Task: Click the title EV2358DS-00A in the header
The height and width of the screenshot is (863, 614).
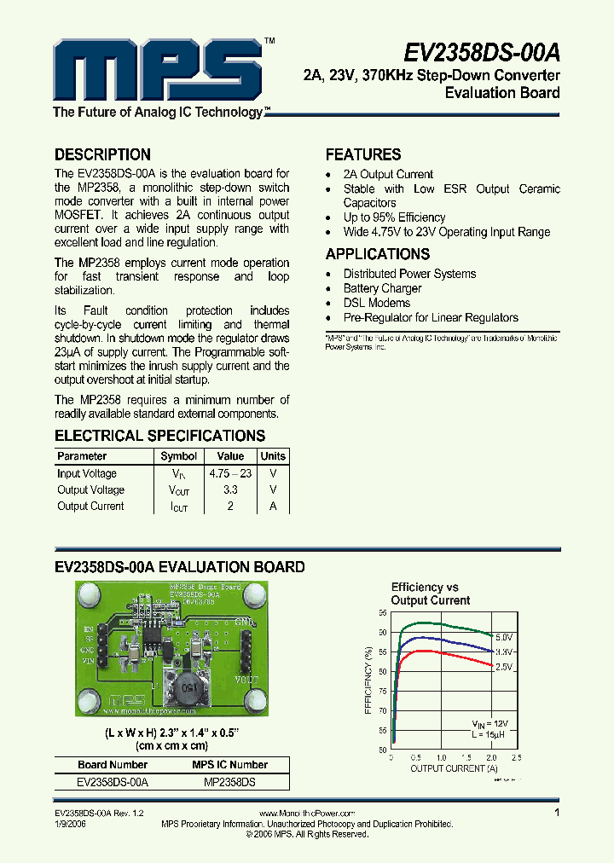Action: [x=481, y=52]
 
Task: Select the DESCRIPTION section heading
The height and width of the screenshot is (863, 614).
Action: [x=102, y=155]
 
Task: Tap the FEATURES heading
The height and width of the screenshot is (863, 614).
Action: [x=363, y=155]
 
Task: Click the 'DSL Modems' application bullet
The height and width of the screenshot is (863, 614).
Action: [x=377, y=303]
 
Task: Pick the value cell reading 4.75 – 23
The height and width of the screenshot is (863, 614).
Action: [x=230, y=473]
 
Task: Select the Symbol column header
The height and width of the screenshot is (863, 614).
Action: [x=179, y=456]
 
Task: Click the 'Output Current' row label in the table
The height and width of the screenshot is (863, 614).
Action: [x=90, y=506]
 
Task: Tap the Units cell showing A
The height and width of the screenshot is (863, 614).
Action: [x=273, y=506]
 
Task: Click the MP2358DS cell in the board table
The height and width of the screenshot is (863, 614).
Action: [x=230, y=781]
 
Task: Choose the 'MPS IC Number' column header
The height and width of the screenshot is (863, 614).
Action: [x=230, y=765]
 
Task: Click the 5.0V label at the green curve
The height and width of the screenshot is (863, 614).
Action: [x=504, y=638]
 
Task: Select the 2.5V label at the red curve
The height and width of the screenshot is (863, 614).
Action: [x=504, y=667]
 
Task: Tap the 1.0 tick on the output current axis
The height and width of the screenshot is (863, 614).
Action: [x=441, y=757]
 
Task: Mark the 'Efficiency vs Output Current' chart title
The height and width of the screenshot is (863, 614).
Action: [x=430, y=594]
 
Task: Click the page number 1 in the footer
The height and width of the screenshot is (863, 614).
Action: [x=558, y=814]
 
